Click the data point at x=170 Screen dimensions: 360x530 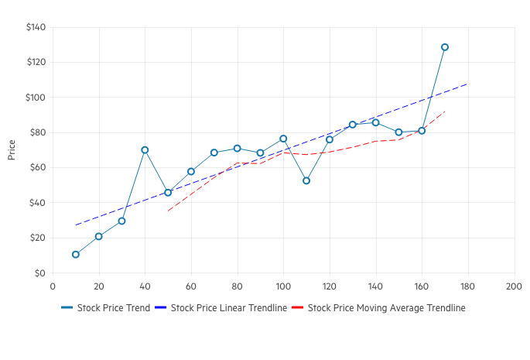tap(445, 47)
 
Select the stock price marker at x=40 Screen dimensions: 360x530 tap(145, 150)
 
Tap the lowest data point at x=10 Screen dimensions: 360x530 tap(76, 255)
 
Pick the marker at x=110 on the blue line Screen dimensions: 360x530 tap(306, 180)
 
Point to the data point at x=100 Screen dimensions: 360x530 tap(283, 139)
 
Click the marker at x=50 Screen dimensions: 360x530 tap(168, 193)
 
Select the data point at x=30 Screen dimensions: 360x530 tap(121, 221)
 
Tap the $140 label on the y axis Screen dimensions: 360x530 tap(36, 28)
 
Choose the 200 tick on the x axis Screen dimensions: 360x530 tap(514, 286)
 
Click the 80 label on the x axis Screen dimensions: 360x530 tap(237, 286)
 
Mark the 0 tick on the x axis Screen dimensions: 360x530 tap(53, 286)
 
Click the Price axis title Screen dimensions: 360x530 tap(12, 150)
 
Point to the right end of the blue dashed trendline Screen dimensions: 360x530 tap(467, 84)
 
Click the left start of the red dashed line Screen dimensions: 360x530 tap(168, 211)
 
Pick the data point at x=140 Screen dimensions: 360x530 tap(375, 122)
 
